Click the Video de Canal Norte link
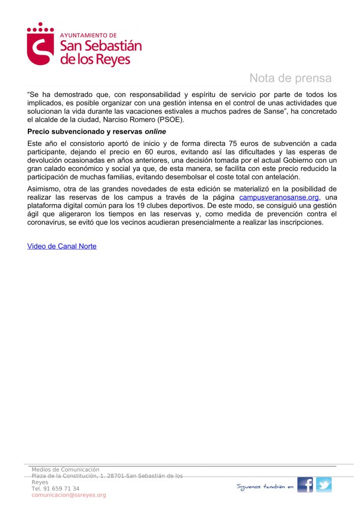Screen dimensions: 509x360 62,246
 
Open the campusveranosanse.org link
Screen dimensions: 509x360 278,197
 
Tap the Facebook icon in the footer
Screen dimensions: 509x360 305,485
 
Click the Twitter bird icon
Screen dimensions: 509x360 324,485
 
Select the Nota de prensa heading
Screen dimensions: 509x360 290,78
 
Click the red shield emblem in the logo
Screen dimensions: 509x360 40,47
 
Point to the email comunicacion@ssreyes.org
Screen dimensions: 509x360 69,495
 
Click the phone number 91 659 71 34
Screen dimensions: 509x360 55,489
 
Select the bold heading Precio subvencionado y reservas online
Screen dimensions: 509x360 96,132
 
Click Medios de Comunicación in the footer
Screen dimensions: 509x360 66,469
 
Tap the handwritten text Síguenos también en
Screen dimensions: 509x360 265,487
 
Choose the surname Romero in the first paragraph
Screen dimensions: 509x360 154,120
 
